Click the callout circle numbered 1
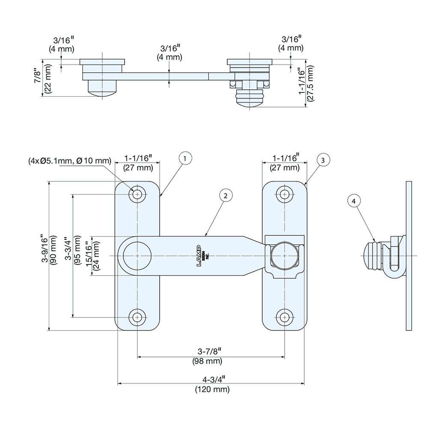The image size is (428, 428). point(184,159)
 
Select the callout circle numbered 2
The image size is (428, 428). point(226,196)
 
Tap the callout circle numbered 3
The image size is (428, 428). point(323,160)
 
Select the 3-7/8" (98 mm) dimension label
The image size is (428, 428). point(207,356)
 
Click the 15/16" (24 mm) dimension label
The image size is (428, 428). point(92,256)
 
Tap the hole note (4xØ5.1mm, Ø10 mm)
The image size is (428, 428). point(70,161)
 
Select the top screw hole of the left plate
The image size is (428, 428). point(137,195)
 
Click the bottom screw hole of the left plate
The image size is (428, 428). point(137,317)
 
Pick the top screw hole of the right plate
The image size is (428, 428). point(284,195)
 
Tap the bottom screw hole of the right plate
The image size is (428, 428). point(284,317)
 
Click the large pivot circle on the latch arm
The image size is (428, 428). point(137,256)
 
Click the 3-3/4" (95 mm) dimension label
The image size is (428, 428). point(73,256)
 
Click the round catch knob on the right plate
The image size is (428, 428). point(284,256)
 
